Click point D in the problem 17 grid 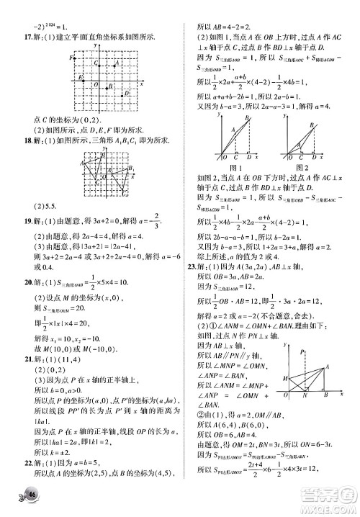click(127, 92)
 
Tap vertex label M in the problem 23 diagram click(287, 378)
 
